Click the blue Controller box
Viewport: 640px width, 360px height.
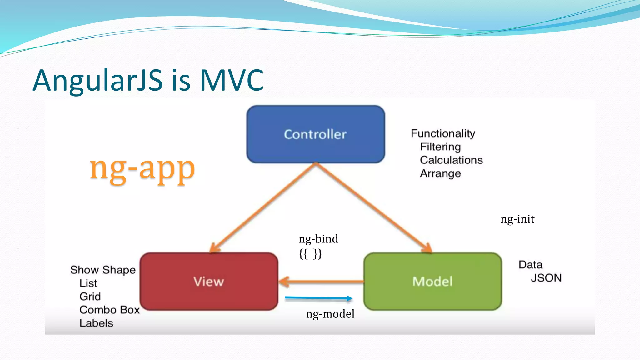pyautogui.click(x=316, y=134)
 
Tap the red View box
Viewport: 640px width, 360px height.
pyautogui.click(x=209, y=281)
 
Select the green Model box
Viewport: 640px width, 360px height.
pyautogui.click(x=432, y=281)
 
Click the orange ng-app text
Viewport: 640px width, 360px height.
pyautogui.click(x=142, y=169)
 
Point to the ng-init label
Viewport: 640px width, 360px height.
pyautogui.click(x=517, y=219)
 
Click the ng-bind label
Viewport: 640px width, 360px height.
pyautogui.click(x=318, y=239)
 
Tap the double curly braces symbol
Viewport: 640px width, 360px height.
pyautogui.click(x=310, y=254)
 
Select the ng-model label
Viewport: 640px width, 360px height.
pyautogui.click(x=330, y=314)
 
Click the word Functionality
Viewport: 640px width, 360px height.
pyautogui.click(x=443, y=134)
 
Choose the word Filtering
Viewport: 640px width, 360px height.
pyautogui.click(x=440, y=147)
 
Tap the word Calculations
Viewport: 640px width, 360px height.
pyautogui.click(x=451, y=160)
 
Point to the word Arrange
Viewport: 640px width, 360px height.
pyautogui.click(x=440, y=173)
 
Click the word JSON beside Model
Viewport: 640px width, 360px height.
pyautogui.click(x=546, y=278)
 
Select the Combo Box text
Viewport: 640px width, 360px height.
pyautogui.click(x=109, y=310)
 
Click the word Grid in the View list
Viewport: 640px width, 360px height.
pyautogui.click(x=90, y=296)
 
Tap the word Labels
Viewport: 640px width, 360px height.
pyautogui.click(x=96, y=323)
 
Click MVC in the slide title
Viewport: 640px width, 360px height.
pyautogui.click(x=232, y=80)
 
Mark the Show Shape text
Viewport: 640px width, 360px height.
pyautogui.click(x=103, y=270)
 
